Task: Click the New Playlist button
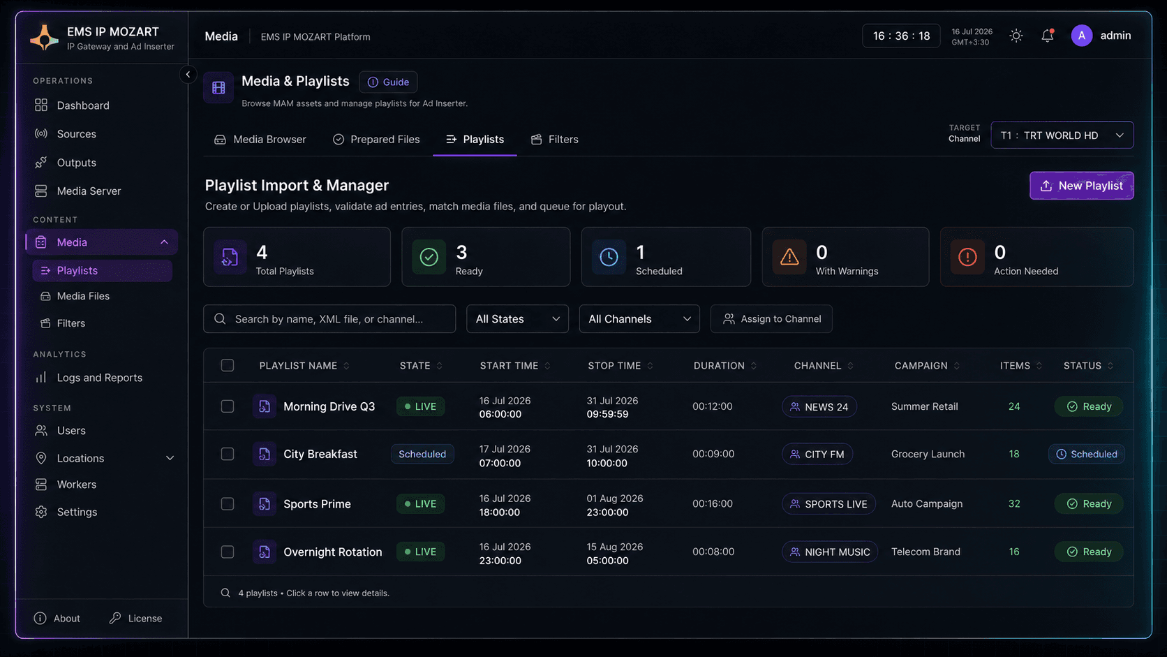pos(1082,186)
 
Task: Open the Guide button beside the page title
pos(388,82)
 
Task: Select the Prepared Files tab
pos(376,139)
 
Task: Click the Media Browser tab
pos(260,139)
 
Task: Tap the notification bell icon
pos(1047,36)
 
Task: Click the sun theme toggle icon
pos(1016,36)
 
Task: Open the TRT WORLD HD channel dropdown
pos(1062,135)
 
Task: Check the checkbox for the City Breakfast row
pos(227,454)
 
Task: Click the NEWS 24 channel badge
pos(819,406)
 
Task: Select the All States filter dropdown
pos(517,319)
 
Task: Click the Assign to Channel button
pos(771,319)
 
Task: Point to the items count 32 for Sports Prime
pos(1014,504)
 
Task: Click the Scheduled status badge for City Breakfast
pos(1086,455)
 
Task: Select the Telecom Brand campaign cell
pos(926,552)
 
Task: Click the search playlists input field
pos(329,319)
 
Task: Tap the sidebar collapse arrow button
pos(188,75)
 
